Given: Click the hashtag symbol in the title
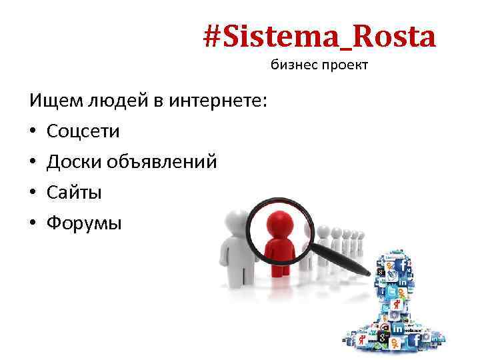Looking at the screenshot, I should pyautogui.click(x=213, y=37).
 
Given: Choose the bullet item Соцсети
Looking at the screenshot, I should pyautogui.click(x=83, y=131).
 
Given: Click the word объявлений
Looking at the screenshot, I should pyautogui.click(x=163, y=162).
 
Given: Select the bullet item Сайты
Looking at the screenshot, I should pyautogui.click(x=74, y=193).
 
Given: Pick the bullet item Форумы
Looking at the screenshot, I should pyautogui.click(x=84, y=223).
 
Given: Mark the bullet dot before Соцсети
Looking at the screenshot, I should pyautogui.click(x=33, y=132).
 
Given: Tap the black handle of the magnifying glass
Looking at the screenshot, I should pyautogui.click(x=347, y=261).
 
